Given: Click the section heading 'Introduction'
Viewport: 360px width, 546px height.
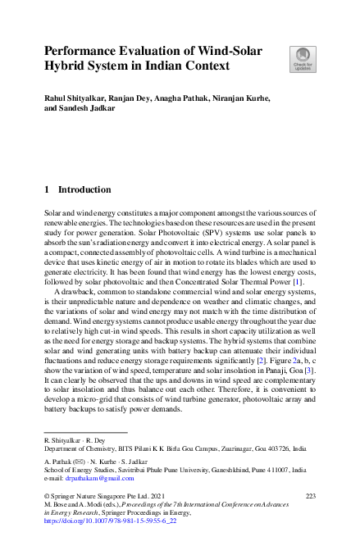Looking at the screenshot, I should tap(84, 189).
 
